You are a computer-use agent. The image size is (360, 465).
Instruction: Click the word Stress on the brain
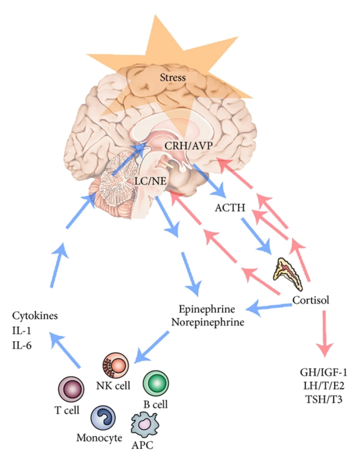point(173,78)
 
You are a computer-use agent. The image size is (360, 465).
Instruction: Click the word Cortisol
point(311,301)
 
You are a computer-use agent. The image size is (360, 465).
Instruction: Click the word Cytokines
point(35,316)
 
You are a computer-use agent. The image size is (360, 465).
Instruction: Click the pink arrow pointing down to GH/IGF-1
point(324,335)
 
